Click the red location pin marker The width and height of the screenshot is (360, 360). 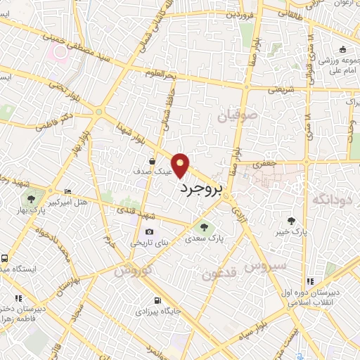181,165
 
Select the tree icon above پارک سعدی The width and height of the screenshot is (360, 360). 204,226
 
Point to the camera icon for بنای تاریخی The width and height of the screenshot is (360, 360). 149,232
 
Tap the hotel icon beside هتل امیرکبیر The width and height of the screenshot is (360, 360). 67,192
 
